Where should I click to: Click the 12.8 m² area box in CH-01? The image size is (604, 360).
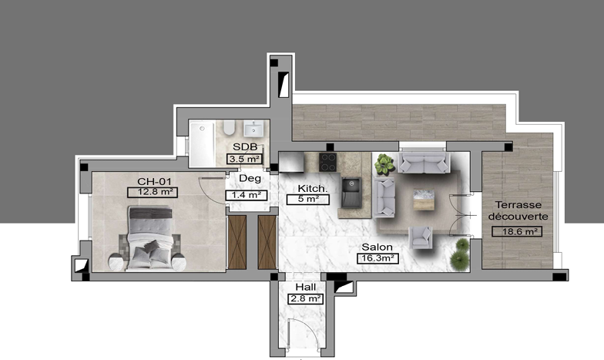(153, 192)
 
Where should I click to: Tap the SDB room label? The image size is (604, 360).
(245, 146)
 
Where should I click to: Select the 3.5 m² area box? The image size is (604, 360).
(245, 159)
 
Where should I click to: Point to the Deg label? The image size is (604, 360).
(250, 179)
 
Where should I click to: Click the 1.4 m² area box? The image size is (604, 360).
(247, 196)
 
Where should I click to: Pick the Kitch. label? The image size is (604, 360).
(313, 188)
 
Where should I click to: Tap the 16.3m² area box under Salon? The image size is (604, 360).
(377, 258)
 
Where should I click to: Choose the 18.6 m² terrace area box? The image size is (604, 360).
(517, 231)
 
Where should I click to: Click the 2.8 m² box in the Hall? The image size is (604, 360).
(305, 299)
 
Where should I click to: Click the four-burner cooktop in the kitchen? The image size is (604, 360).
(328, 162)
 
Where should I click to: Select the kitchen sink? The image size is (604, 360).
(351, 193)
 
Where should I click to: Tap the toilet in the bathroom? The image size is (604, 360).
(230, 127)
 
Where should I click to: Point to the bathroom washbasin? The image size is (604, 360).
(254, 128)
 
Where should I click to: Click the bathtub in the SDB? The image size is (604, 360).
(202, 143)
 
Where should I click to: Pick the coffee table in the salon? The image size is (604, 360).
(424, 200)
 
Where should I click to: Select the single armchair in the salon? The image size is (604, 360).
(421, 237)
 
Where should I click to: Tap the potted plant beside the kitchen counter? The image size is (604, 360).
(384, 163)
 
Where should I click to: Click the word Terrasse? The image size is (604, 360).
(518, 205)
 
